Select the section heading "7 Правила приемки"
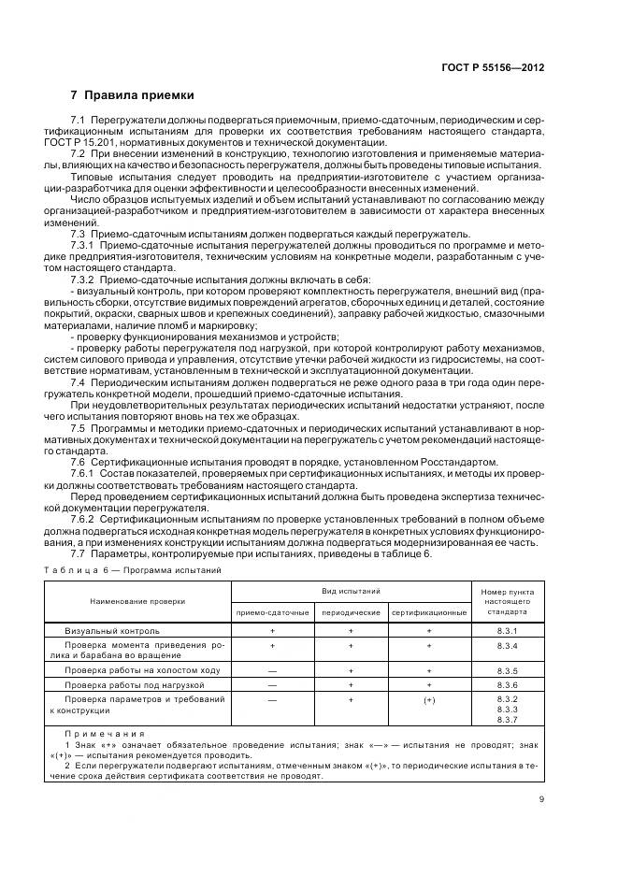132,95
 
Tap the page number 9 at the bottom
542,798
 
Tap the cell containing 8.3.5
508,671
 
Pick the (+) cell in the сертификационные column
429,700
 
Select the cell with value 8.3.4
508,646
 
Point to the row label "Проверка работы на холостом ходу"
142,671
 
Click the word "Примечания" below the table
105,733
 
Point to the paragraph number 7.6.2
86,517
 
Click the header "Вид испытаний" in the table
351,592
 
